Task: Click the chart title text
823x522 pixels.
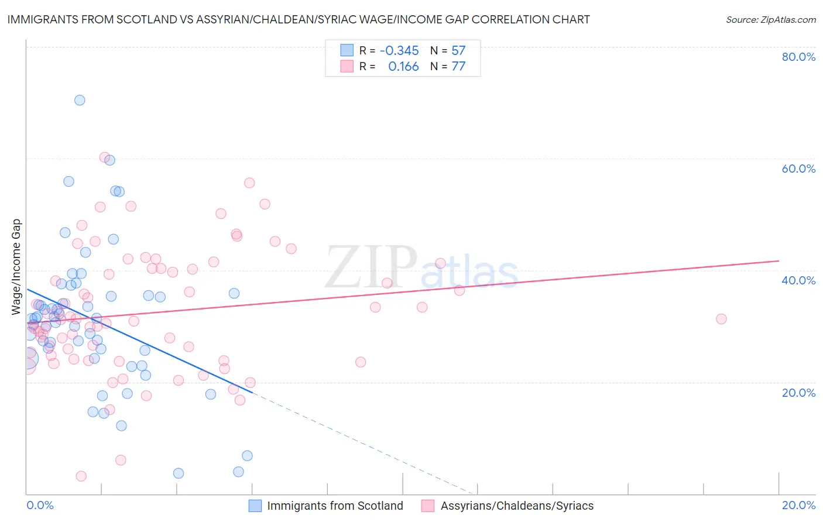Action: tap(299, 19)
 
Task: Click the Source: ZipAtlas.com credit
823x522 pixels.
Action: tap(770, 19)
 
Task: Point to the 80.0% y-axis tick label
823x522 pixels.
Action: tap(798, 57)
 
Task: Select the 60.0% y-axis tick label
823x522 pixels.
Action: tap(798, 169)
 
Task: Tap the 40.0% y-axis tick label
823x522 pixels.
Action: tap(798, 280)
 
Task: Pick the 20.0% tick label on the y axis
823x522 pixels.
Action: tap(798, 393)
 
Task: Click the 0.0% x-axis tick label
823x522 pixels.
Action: tap(40, 505)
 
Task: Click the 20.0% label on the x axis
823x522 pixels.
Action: tap(798, 505)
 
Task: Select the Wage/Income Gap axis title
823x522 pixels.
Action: tap(16, 267)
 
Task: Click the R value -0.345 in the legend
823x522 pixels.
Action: tap(399, 51)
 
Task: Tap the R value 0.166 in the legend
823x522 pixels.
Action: tap(403, 67)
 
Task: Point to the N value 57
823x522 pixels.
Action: tap(458, 51)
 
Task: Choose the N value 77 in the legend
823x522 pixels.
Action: tap(458, 67)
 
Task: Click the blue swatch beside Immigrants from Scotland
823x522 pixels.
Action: tap(255, 506)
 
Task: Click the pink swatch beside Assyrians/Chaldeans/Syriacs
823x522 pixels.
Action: tap(428, 506)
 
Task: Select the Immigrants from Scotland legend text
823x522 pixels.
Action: tap(335, 506)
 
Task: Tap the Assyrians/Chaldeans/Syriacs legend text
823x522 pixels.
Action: tap(517, 506)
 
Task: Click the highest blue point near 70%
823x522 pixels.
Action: tap(80, 100)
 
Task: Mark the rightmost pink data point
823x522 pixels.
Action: tap(721, 319)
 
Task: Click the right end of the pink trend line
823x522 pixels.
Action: tap(779, 260)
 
